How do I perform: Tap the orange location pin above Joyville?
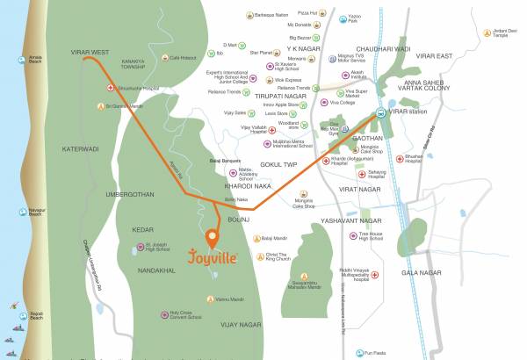coord(212,237)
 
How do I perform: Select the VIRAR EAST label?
coord(458,55)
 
